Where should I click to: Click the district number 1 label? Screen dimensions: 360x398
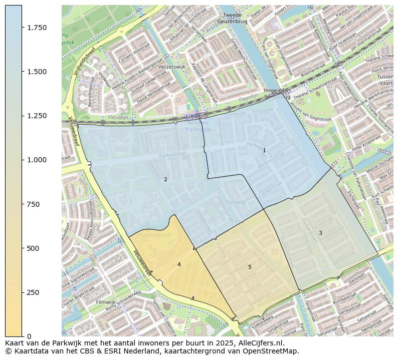pos(264,150)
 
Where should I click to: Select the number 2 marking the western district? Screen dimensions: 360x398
pos(165,179)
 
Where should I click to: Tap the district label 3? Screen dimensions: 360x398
pos(320,233)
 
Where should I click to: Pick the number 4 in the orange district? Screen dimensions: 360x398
pos(179,264)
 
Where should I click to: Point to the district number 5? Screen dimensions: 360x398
pos(250,267)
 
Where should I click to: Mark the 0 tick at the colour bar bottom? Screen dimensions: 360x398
pos(30,336)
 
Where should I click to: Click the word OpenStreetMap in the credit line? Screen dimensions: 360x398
pos(273,351)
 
